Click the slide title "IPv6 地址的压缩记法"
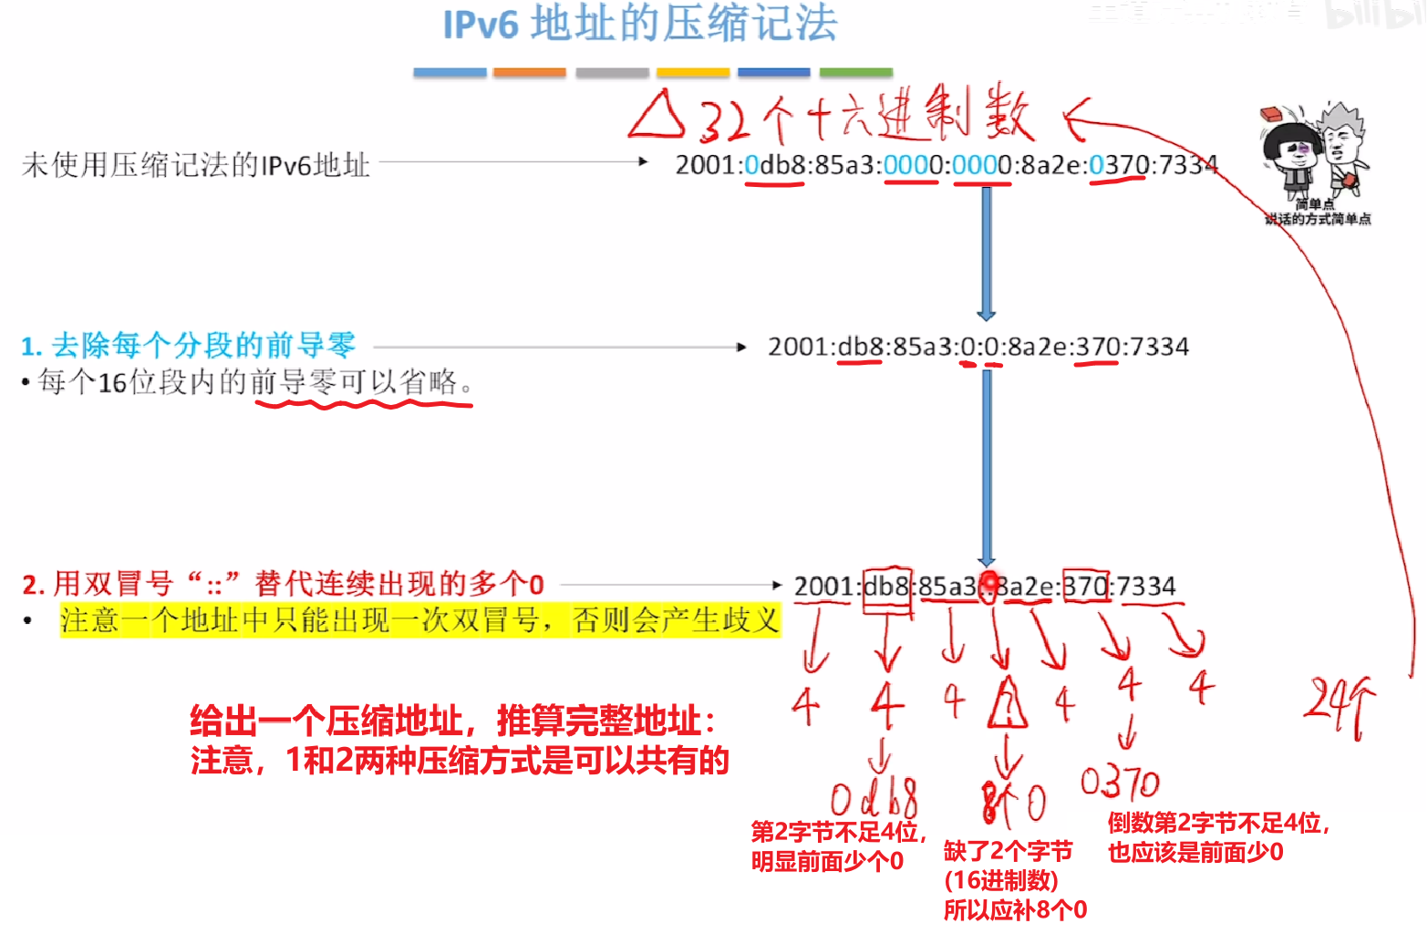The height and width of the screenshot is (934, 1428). (x=640, y=24)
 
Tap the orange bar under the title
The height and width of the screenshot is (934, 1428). (x=529, y=72)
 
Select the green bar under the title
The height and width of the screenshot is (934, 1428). (x=855, y=72)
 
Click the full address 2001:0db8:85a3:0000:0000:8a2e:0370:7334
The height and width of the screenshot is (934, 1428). (x=946, y=165)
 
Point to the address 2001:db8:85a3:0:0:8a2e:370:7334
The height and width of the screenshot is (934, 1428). (x=978, y=347)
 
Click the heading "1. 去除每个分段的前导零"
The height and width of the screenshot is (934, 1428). (x=188, y=346)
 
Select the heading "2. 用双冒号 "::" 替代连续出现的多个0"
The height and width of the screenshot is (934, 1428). (x=283, y=584)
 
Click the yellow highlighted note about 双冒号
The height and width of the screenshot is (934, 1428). (x=419, y=620)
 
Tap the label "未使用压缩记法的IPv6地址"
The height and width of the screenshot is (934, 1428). (x=195, y=165)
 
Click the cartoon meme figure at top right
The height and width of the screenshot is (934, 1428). (x=1317, y=155)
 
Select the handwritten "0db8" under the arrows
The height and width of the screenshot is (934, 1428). (x=874, y=799)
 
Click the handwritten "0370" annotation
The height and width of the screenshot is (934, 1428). (x=1119, y=783)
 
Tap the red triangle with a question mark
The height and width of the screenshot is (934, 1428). (x=1007, y=704)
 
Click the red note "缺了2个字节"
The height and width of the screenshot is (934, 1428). (x=1008, y=851)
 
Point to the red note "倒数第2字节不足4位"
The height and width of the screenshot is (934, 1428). (x=1218, y=824)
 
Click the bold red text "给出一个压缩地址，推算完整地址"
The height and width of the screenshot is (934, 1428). (x=451, y=721)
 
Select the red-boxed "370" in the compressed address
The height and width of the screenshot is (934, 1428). (x=1085, y=586)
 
